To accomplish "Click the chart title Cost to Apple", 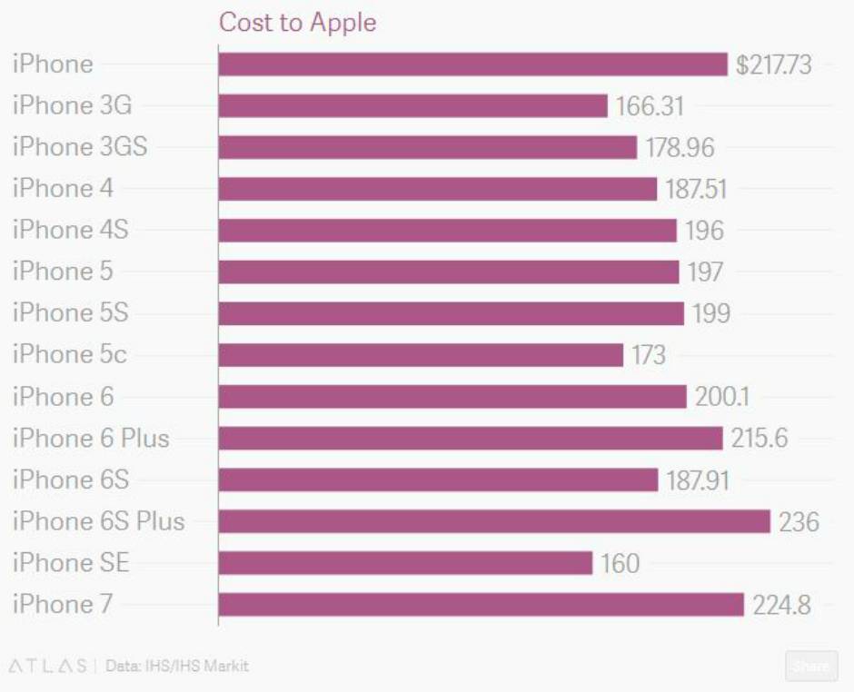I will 297,23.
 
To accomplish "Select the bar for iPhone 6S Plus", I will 493,521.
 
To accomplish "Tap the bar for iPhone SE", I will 405,563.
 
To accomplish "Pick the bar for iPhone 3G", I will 412,105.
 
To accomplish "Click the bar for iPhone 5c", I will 421,354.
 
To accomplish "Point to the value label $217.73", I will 773,64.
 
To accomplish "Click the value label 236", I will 799,522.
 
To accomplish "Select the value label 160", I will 620,564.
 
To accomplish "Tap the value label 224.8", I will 781,605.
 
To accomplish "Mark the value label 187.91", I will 698,480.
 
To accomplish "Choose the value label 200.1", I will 722,397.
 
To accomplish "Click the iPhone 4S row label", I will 70,230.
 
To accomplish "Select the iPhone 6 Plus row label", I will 91,439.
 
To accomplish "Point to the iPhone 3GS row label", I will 79,147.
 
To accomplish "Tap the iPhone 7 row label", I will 62,605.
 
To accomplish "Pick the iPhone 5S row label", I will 70,313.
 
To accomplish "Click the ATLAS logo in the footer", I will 47,666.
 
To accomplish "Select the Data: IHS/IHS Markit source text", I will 177,666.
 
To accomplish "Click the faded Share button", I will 810,666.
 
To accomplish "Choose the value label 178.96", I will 680,147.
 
